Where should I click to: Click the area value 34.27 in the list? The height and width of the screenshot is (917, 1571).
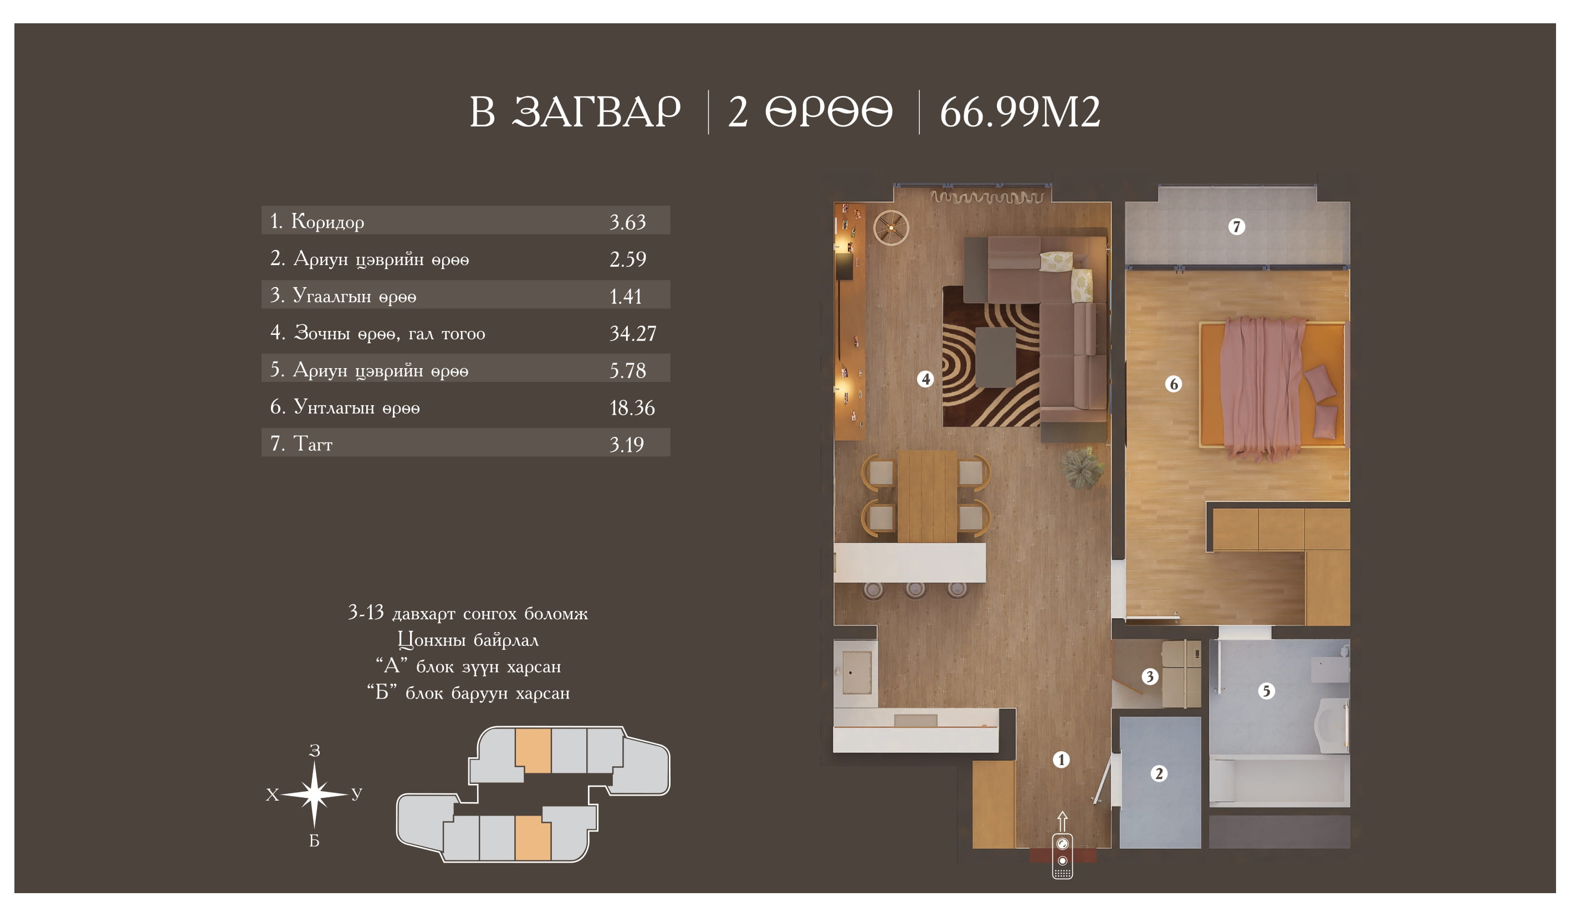pos(632,334)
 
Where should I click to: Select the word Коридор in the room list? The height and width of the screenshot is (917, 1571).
pos(327,221)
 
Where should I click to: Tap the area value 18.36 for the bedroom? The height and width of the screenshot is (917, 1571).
pos(632,408)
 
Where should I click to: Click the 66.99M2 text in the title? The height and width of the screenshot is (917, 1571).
pos(1020,113)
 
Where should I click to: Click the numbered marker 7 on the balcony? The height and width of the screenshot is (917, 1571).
pos(1237,226)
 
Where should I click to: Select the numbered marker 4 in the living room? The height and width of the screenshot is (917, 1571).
pos(925,379)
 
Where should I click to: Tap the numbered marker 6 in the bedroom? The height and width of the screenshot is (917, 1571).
pos(1174,384)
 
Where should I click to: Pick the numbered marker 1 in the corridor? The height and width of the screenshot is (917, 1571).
pos(1061,760)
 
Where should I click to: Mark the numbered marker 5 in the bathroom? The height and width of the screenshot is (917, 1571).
pos(1266,691)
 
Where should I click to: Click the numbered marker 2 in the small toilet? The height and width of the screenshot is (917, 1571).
pos(1159,773)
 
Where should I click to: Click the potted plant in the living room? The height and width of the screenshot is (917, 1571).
pos(1083,467)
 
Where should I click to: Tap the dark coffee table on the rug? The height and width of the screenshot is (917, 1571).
pos(996,358)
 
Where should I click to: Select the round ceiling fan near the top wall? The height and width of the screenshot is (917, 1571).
pos(891,228)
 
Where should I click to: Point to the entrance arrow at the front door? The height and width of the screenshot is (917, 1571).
pos(1062,822)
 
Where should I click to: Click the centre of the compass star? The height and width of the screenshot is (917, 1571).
pos(314,794)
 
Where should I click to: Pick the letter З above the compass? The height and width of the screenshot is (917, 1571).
pos(315,751)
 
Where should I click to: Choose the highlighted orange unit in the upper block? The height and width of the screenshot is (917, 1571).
pos(533,751)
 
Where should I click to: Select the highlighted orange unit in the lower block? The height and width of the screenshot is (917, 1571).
pos(533,838)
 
